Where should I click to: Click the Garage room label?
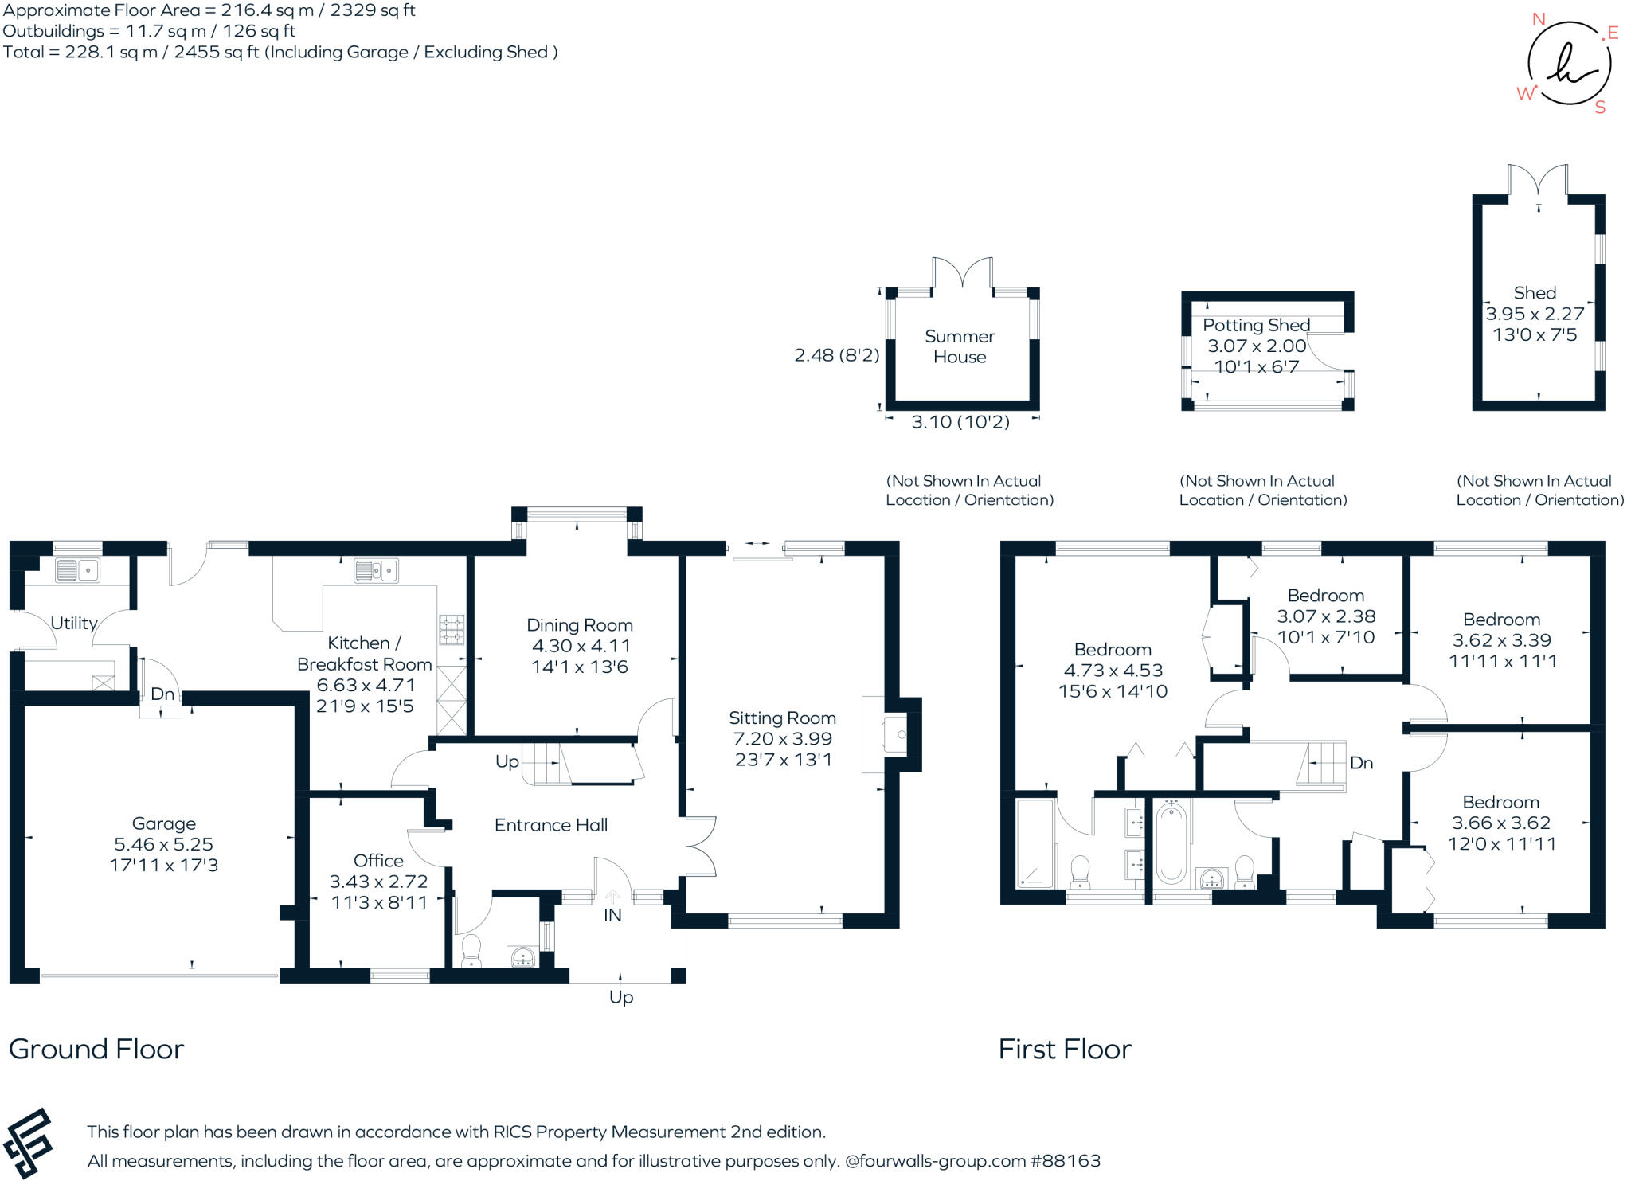[x=163, y=823]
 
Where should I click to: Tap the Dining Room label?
[x=580, y=625]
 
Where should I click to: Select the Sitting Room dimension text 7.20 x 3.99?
[x=782, y=738]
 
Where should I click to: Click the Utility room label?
[x=74, y=623]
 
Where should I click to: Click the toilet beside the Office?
[x=471, y=951]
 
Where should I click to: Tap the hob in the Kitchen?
[x=452, y=629]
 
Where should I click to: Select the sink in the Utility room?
[x=77, y=570]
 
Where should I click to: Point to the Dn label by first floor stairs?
[x=1361, y=763]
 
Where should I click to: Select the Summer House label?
[x=960, y=346]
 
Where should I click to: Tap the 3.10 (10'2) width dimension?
[x=960, y=422]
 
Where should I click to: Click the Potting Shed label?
[x=1256, y=325]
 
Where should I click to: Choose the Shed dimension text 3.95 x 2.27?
[x=1535, y=314]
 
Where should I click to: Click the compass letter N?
[x=1539, y=19]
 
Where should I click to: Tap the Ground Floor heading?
[x=96, y=1049]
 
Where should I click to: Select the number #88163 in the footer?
[x=1066, y=1160]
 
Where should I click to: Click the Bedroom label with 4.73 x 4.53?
[x=1113, y=649]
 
